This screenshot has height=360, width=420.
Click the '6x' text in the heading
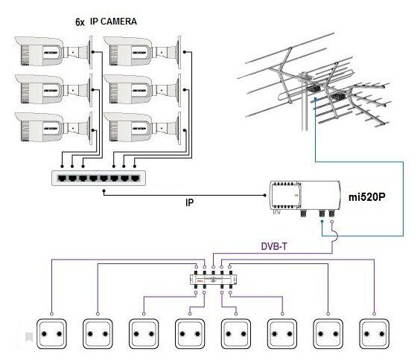(80, 22)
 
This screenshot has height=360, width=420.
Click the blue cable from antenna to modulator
(404, 201)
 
